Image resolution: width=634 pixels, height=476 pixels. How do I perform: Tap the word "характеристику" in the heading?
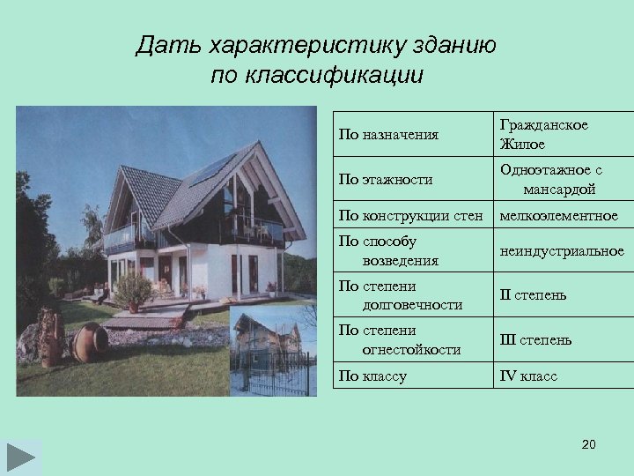click(x=282, y=46)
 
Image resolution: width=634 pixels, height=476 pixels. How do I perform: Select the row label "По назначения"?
click(x=388, y=135)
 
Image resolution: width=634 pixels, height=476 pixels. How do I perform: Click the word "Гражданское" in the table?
click(x=543, y=125)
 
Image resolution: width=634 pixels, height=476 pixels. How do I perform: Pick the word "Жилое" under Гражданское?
click(x=522, y=144)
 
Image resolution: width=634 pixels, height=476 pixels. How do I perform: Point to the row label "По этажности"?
click(x=386, y=180)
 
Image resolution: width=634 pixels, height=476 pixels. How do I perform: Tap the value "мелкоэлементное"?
click(x=558, y=215)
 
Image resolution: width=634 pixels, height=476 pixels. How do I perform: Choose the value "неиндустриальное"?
click(x=562, y=251)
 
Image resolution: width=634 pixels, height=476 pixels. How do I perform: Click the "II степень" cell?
click(x=533, y=295)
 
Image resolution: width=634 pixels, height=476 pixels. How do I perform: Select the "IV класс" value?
click(x=528, y=376)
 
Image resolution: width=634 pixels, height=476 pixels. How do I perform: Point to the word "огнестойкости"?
click(x=411, y=350)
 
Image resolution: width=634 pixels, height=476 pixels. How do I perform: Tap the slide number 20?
click(x=589, y=444)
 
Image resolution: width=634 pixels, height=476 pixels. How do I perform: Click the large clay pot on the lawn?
click(x=89, y=342)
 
